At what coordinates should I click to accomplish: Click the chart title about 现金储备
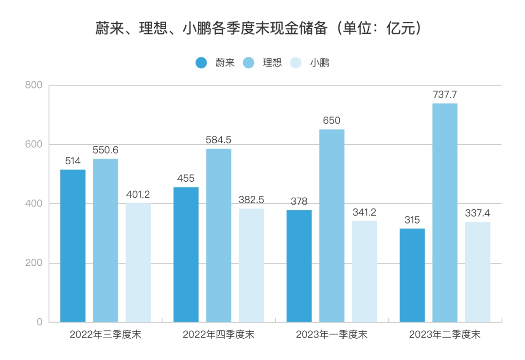click(x=258, y=29)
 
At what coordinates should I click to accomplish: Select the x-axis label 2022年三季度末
click(x=105, y=335)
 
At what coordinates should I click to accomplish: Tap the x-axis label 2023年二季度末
click(x=444, y=335)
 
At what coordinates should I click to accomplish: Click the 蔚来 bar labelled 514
click(x=73, y=245)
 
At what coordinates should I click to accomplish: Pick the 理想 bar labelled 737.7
click(x=445, y=212)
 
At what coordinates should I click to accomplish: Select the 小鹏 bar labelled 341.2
click(x=365, y=271)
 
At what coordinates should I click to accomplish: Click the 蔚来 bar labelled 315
click(x=412, y=275)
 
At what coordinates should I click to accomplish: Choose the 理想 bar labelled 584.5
click(x=219, y=235)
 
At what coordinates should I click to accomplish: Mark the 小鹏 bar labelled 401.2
click(x=139, y=262)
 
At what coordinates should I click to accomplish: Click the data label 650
click(x=332, y=120)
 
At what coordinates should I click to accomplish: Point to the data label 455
click(x=186, y=178)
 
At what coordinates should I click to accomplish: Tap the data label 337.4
click(x=477, y=213)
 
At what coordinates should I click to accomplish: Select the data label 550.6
click(x=105, y=150)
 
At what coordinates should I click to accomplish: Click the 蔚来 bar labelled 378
click(x=299, y=266)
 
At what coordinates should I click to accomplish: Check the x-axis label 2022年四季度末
click(x=219, y=335)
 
